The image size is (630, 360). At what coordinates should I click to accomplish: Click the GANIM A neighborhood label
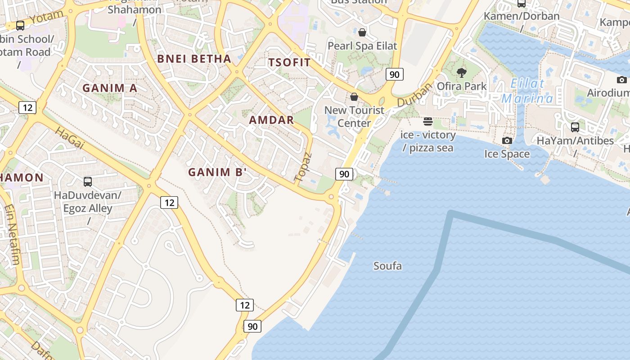point(109,88)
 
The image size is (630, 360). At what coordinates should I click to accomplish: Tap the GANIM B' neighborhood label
point(218,172)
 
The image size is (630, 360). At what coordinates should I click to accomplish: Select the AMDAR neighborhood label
point(271,120)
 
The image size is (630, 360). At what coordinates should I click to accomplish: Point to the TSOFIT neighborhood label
point(289,63)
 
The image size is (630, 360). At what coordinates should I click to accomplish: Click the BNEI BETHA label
point(194,59)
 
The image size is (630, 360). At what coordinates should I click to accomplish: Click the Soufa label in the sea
point(387,266)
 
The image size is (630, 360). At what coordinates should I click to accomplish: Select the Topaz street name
point(303,167)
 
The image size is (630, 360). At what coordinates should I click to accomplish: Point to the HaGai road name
point(70,137)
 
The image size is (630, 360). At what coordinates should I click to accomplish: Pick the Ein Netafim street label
point(13,234)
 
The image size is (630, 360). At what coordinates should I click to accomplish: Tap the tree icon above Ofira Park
point(461,72)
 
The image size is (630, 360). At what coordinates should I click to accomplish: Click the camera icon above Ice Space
point(507,140)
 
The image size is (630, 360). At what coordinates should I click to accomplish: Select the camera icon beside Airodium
point(622,80)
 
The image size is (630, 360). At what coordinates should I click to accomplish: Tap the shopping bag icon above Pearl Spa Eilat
point(362,32)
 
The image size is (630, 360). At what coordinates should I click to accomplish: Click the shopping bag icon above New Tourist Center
point(354,97)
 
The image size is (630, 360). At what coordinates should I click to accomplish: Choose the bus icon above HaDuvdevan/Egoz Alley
point(88,182)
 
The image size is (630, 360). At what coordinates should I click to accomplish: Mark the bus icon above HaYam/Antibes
point(575,127)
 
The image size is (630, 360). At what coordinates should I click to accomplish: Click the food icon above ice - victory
point(427,121)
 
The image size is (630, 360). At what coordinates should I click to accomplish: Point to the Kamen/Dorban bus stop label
point(522,16)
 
